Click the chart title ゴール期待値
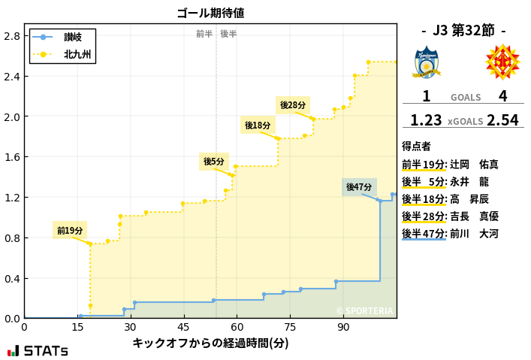pyautogui.click(x=210, y=13)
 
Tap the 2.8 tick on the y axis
pyautogui.click(x=13, y=36)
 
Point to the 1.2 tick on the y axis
pyautogui.click(x=13, y=198)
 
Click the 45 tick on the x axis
pyautogui.click(x=184, y=328)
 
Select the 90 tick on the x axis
pyautogui.click(x=343, y=328)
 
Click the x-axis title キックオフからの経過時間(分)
pyautogui.click(x=210, y=343)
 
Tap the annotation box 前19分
pyautogui.click(x=70, y=230)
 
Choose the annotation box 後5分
pyautogui.click(x=214, y=162)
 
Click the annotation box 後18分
pyautogui.click(x=257, y=126)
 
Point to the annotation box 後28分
pyautogui.click(x=293, y=105)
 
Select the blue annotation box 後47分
pyautogui.click(x=359, y=186)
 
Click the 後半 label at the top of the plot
pyautogui.click(x=228, y=34)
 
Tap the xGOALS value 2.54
pyautogui.click(x=502, y=120)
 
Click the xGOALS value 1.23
pyautogui.click(x=426, y=120)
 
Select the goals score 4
pyautogui.click(x=502, y=96)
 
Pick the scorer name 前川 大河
pyautogui.click(x=473, y=234)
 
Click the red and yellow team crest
pyautogui.click(x=502, y=62)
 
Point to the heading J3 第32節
pyautogui.click(x=463, y=30)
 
